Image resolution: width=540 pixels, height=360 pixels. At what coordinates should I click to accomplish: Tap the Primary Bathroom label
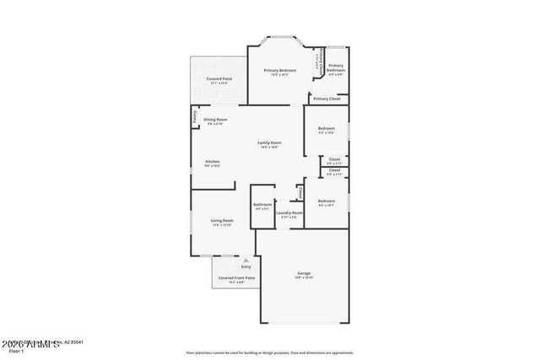click(x=336, y=66)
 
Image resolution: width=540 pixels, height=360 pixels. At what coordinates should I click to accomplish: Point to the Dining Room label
click(x=215, y=120)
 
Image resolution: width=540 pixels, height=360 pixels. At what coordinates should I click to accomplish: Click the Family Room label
click(x=269, y=142)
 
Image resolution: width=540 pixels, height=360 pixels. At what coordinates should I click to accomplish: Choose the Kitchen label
click(x=212, y=161)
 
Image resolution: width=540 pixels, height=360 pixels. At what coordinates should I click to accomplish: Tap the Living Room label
click(x=222, y=220)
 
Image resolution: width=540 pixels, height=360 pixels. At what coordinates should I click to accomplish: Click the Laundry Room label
click(x=289, y=212)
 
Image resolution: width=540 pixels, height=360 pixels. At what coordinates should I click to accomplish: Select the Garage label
click(x=304, y=273)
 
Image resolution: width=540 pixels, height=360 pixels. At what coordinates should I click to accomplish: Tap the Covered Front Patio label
click(x=236, y=277)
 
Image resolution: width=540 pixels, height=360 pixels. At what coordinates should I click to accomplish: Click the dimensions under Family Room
click(x=269, y=148)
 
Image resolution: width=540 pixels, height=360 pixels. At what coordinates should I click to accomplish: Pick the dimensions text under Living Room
click(x=222, y=225)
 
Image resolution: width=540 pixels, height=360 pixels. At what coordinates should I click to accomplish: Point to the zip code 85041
click(x=78, y=342)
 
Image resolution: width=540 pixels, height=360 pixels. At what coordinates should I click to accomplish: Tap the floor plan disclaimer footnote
click(x=270, y=352)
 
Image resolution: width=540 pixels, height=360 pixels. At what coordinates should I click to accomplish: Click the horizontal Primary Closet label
click(x=326, y=99)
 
